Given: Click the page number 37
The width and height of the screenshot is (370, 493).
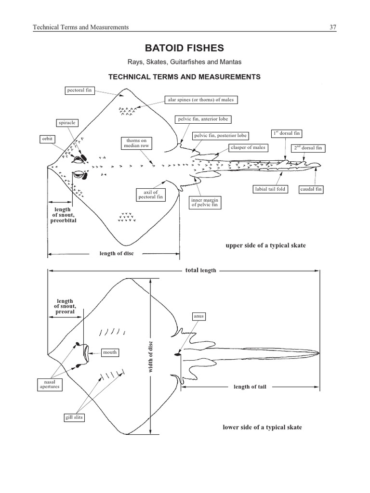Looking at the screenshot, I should click(332, 27).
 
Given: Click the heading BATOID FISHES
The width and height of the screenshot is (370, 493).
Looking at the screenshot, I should click(185, 48).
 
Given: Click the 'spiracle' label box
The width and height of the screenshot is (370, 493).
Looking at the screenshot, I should click(67, 123).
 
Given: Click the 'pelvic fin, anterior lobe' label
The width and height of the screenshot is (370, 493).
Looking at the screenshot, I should click(203, 119).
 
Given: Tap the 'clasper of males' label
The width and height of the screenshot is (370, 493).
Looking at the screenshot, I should click(248, 147).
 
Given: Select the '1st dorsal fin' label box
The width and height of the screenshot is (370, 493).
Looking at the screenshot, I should click(287, 133).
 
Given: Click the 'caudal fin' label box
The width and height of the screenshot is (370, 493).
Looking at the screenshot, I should click(311, 189).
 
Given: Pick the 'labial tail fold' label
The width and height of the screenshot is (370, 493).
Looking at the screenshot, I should click(270, 189).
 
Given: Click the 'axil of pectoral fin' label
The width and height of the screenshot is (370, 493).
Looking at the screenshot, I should click(147, 195).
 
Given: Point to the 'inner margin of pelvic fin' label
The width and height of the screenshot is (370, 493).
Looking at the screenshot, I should click(205, 202).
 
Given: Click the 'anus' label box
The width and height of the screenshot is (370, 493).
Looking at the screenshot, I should click(199, 316).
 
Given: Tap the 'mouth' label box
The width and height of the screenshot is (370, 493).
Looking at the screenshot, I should click(109, 352).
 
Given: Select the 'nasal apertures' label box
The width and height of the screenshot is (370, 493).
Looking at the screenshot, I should click(50, 384).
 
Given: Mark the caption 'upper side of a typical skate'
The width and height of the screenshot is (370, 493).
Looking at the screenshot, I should click(265, 246).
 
